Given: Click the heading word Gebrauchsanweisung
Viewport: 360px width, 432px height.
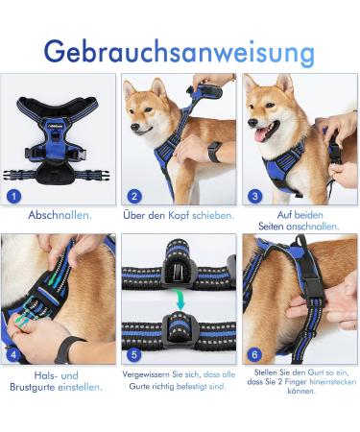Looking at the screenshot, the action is [x=180, y=53].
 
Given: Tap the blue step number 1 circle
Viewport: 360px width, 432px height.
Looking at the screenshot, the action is [x=13, y=196].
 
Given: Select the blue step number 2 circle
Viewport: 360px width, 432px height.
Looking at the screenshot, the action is [x=134, y=196].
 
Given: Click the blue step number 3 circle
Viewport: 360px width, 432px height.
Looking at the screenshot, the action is [x=254, y=196].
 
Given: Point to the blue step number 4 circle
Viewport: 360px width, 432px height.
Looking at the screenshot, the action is [x=13, y=354].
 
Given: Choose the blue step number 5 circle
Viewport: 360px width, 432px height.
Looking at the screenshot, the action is [x=134, y=354].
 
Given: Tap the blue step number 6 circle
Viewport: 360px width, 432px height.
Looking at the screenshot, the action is [x=254, y=354].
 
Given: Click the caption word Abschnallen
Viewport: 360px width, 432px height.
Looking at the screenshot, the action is [x=60, y=215].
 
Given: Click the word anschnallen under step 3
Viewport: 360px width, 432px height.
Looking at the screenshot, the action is [x=313, y=227].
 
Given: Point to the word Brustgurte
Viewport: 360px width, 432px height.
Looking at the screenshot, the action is [x=33, y=387].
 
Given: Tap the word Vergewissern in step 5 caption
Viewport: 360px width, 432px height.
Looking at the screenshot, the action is [x=146, y=374].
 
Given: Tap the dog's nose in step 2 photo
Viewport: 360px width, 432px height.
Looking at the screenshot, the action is [x=134, y=128].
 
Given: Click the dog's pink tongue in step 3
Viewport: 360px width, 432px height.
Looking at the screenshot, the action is [x=261, y=136].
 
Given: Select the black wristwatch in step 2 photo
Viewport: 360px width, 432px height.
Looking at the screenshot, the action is [x=215, y=152].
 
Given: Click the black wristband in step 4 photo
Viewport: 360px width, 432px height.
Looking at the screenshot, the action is [x=67, y=349].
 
